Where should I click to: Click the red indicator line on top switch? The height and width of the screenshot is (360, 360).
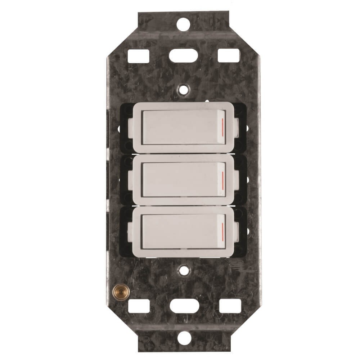pos(223,127)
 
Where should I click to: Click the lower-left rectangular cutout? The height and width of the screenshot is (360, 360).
pos(139,306)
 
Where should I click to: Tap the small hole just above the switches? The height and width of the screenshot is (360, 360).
pos(184,87)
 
